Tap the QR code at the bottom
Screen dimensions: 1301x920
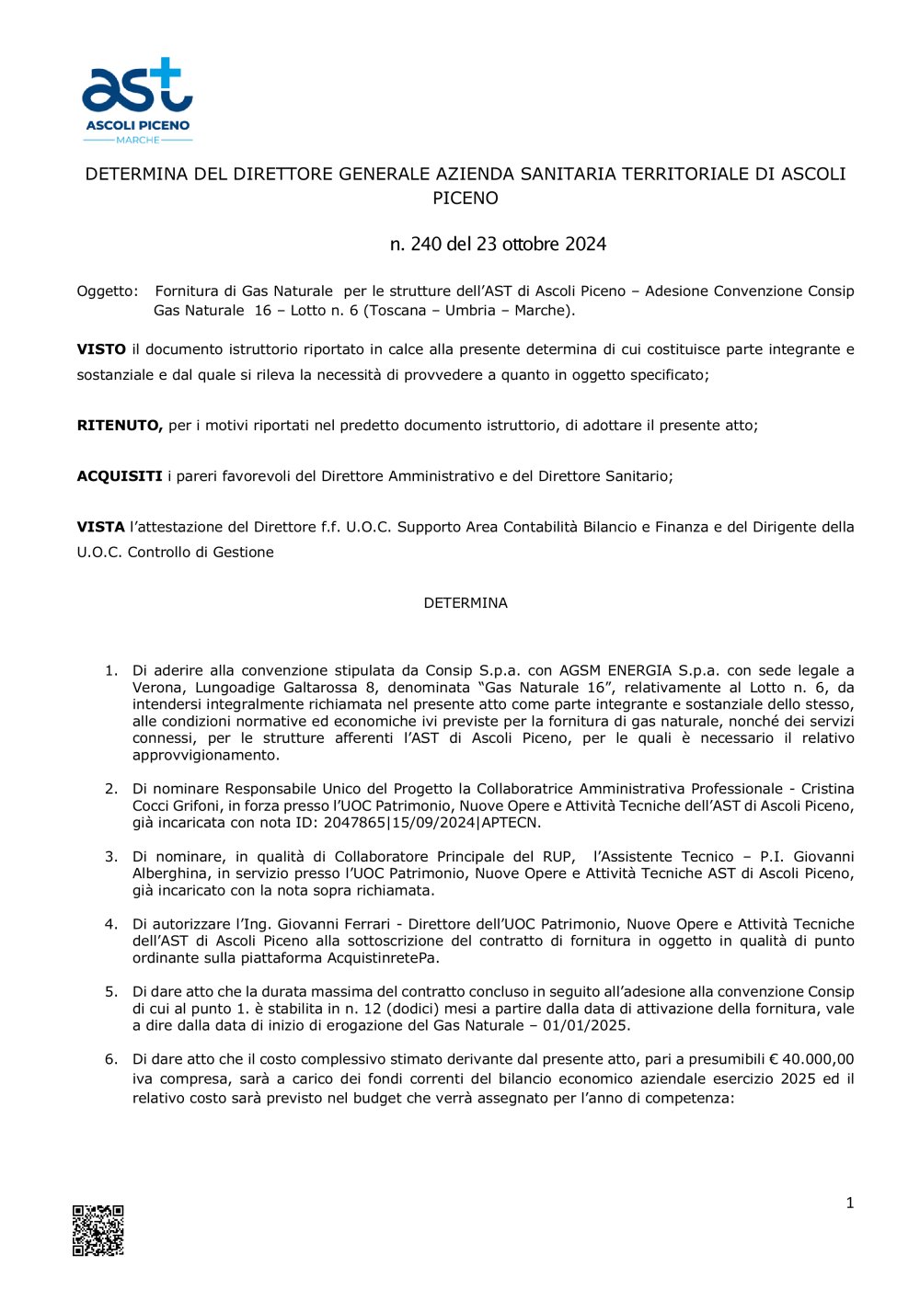tap(98, 1229)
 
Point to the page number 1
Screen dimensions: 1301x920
tap(849, 1203)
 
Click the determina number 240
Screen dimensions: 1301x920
tap(426, 244)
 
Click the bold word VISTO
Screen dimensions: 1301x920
tap(101, 349)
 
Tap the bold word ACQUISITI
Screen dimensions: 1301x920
tap(120, 476)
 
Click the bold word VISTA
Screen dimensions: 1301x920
tap(100, 527)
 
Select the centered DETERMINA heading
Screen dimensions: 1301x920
tap(466, 603)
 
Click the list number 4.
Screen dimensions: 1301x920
tap(111, 924)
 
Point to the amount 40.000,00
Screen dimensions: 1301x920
tap(818, 1059)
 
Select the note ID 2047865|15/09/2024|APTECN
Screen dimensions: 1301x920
tap(432, 822)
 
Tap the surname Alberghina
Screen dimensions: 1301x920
tap(170, 873)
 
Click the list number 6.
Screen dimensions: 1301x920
tap(111, 1059)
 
